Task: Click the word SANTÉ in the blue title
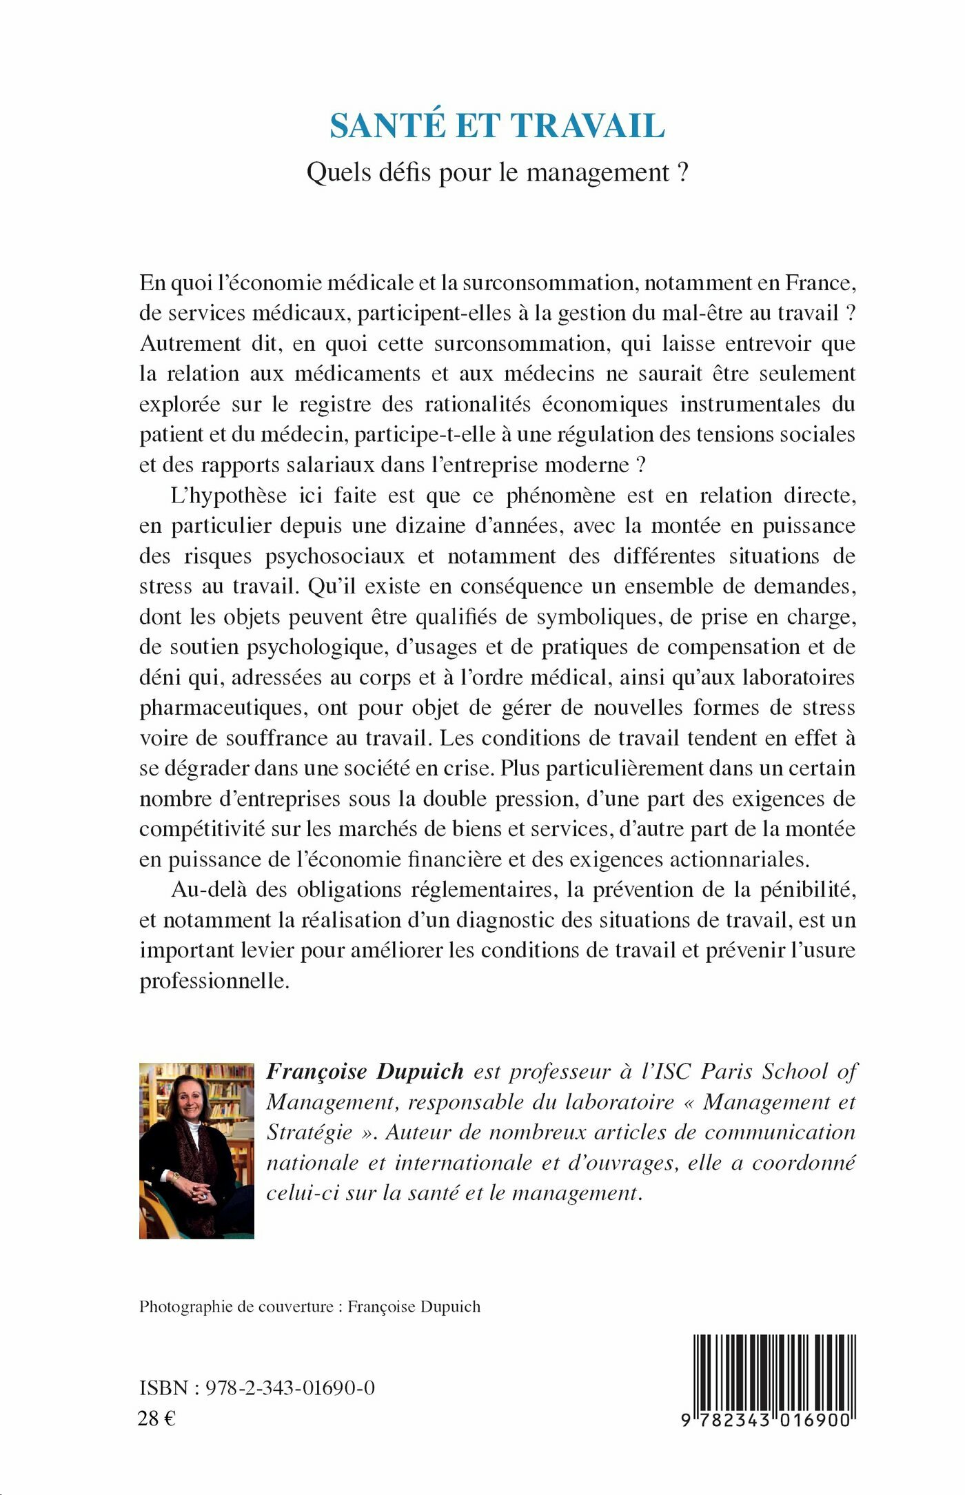pos(387,126)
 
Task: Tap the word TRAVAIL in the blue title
pos(587,126)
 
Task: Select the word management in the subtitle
pos(598,173)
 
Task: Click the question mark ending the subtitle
pos(682,172)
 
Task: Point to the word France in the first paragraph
pos(818,283)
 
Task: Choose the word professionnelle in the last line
pos(214,981)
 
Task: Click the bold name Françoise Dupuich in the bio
pos(365,1072)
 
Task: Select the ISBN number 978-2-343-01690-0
pos(289,1388)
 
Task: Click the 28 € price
pos(156,1418)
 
